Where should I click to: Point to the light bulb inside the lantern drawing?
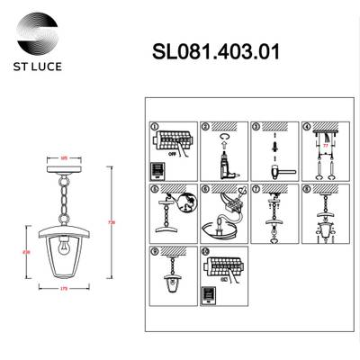click(x=64, y=244)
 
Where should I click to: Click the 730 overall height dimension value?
click(x=111, y=220)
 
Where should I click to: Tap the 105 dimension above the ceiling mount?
click(x=64, y=158)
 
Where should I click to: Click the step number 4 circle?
click(x=306, y=127)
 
